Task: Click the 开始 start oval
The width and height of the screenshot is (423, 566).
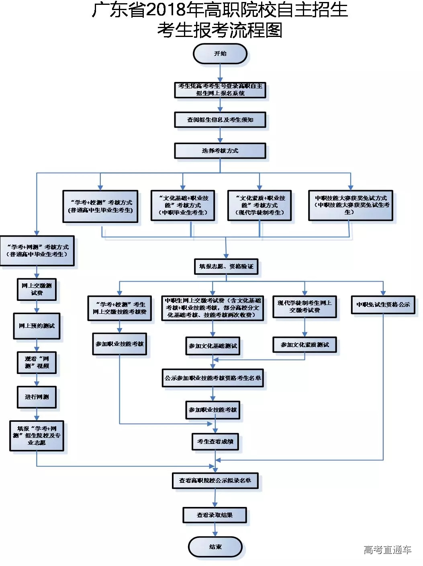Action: click(220, 54)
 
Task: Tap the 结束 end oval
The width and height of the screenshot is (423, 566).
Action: click(215, 547)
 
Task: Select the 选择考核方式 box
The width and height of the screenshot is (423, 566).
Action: click(220, 151)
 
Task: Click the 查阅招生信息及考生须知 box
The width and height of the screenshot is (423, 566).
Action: click(220, 120)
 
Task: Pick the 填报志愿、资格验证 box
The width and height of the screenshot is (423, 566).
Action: click(226, 266)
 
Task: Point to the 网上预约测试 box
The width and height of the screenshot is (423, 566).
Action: click(37, 326)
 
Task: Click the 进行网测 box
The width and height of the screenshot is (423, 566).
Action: click(37, 397)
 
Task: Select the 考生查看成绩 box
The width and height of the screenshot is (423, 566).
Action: click(215, 441)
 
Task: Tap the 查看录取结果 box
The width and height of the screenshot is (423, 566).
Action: click(215, 515)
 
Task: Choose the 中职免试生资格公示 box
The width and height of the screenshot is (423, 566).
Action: click(383, 304)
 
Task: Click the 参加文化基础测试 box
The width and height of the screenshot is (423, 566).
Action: click(213, 346)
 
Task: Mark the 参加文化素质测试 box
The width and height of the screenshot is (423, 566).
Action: click(304, 345)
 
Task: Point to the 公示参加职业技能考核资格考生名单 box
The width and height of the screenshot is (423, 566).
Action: click(213, 378)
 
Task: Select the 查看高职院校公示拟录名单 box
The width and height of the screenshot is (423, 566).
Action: click(215, 480)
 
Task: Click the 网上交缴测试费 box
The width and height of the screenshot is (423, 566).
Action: click(37, 289)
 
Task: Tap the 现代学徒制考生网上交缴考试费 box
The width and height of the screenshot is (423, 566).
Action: click(304, 307)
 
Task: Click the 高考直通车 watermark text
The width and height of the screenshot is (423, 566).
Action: click(387, 550)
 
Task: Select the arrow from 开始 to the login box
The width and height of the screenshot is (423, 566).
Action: click(220, 73)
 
